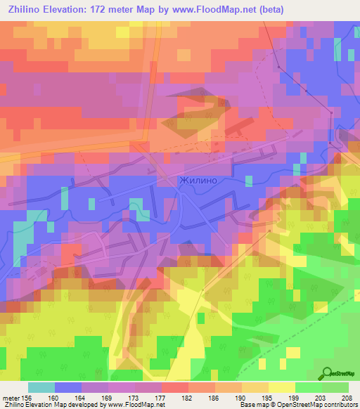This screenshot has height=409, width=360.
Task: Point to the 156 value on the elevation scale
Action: click(26, 397)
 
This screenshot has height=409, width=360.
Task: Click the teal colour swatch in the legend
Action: click(41, 387)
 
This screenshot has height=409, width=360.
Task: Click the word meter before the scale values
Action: click(10, 397)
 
